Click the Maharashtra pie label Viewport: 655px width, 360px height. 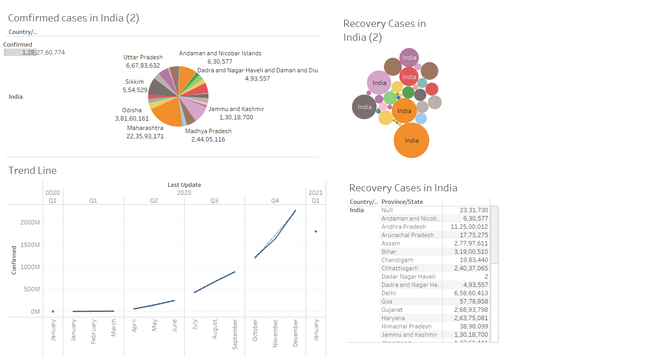(145, 128)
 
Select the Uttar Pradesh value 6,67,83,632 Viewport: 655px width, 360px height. (143, 66)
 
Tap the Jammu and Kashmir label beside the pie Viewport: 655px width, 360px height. (236, 109)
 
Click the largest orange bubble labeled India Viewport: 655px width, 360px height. (411, 140)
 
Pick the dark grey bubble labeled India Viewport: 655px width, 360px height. (364, 107)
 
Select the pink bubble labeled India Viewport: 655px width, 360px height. (379, 83)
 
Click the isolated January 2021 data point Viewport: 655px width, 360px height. (315, 232)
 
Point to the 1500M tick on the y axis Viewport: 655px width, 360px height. (30, 245)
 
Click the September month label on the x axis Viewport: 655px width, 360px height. (235, 334)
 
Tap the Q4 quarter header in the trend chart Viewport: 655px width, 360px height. (275, 201)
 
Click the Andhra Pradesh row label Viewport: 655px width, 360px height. (404, 227)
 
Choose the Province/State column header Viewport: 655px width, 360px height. (402, 202)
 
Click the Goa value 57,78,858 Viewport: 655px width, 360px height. (474, 302)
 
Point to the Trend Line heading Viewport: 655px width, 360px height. (32, 170)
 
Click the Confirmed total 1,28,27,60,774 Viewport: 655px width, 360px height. (43, 53)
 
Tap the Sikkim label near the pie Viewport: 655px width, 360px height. (134, 82)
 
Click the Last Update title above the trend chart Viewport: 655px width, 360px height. (184, 185)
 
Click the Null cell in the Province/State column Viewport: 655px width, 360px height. (387, 210)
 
